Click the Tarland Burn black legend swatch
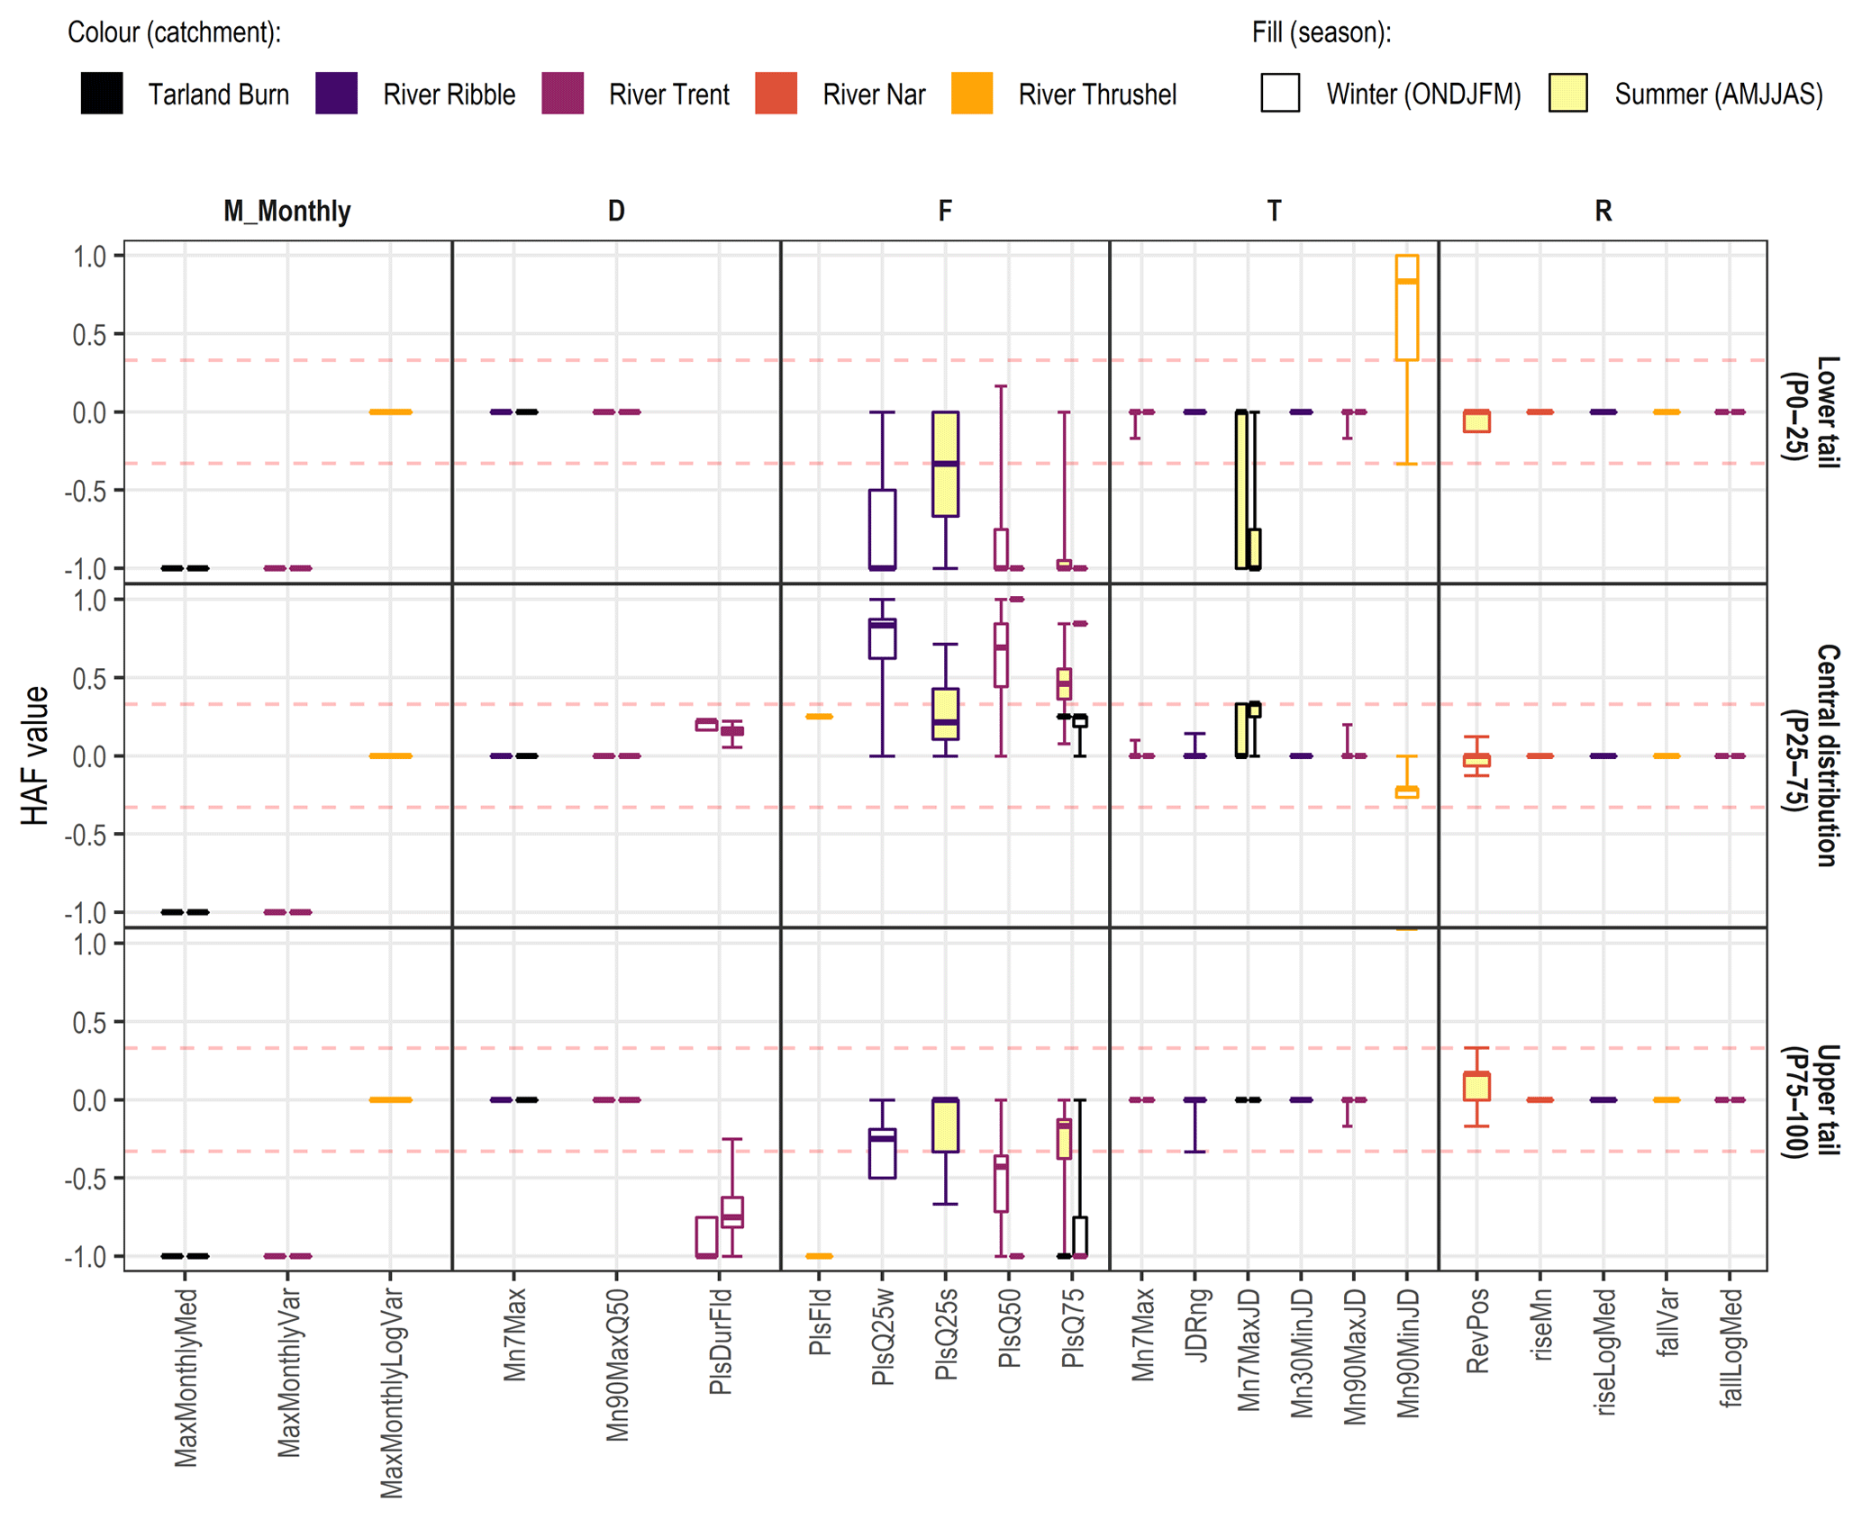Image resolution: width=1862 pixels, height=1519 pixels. point(101,94)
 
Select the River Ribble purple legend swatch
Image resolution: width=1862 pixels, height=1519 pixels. point(336,94)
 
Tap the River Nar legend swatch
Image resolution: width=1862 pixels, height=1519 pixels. point(776,94)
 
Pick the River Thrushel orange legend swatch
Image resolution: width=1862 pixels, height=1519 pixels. point(971,94)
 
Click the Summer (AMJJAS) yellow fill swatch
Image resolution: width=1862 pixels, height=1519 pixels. point(1567,94)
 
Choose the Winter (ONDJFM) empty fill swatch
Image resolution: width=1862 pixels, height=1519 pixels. point(1280,94)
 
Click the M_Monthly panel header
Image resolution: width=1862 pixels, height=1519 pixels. point(286,212)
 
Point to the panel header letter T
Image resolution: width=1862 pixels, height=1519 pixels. point(1274,212)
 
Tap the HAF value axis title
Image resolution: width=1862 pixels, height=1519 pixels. point(35,755)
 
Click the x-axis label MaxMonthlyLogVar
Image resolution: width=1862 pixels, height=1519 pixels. point(391,1392)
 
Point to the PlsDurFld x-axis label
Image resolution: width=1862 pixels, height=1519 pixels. point(720,1342)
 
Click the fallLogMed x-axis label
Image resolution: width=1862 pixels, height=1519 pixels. point(1730,1347)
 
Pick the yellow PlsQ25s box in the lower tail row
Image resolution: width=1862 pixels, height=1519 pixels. point(945,464)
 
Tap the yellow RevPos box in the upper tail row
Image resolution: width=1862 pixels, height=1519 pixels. point(1476,1086)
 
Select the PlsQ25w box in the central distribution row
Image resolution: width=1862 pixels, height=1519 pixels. point(882,638)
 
